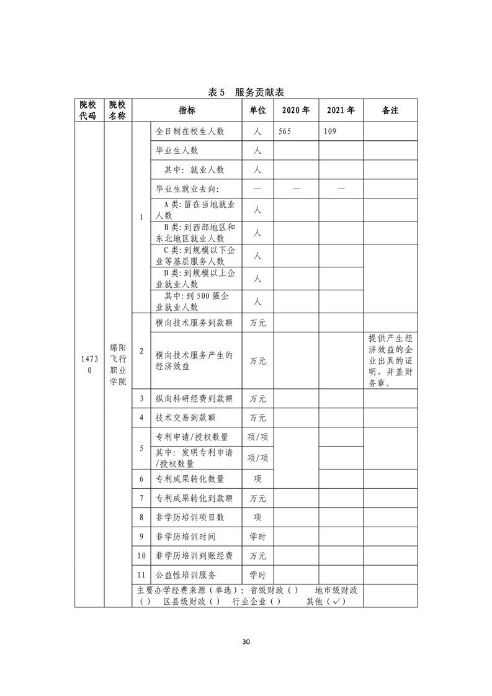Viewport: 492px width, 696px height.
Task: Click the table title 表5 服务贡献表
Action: (x=246, y=92)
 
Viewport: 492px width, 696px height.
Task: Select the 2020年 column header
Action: (x=295, y=110)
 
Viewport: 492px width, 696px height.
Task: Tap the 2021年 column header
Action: (x=341, y=110)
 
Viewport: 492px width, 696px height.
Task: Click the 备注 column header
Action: (x=390, y=110)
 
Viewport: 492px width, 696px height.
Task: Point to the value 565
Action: (x=285, y=132)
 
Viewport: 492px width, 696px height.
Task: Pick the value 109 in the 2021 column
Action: (x=330, y=132)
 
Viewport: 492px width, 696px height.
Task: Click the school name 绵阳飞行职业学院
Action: (x=118, y=364)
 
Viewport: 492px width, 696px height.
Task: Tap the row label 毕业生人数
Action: (x=177, y=151)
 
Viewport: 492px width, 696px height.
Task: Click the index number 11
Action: (x=141, y=575)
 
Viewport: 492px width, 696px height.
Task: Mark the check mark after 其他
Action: (x=338, y=601)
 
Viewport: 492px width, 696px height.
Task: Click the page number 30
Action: (x=246, y=641)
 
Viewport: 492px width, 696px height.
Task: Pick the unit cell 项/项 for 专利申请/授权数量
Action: (x=257, y=437)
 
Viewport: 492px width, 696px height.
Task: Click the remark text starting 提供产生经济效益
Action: (x=390, y=360)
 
